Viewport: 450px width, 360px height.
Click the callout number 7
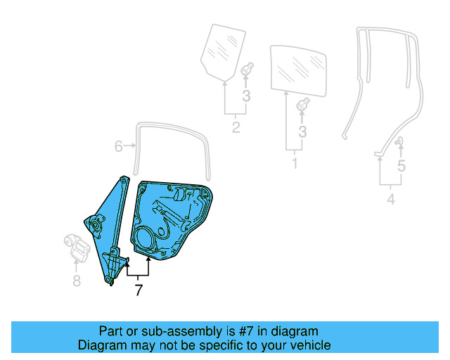pyautogui.click(x=139, y=290)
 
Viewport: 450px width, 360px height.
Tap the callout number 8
pyautogui.click(x=76, y=281)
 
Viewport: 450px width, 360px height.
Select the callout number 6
pyautogui.click(x=118, y=146)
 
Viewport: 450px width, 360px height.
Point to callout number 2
pyautogui.click(x=236, y=127)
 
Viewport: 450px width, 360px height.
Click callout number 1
pyautogui.click(x=295, y=163)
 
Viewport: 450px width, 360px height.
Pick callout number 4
pyautogui.click(x=391, y=200)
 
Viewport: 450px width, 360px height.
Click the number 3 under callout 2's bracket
pyautogui.click(x=246, y=96)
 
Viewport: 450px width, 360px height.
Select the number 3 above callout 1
pyautogui.click(x=302, y=131)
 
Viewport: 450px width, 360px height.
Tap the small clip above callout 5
pyautogui.click(x=399, y=143)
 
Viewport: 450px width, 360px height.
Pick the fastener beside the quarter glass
pyautogui.click(x=247, y=71)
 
